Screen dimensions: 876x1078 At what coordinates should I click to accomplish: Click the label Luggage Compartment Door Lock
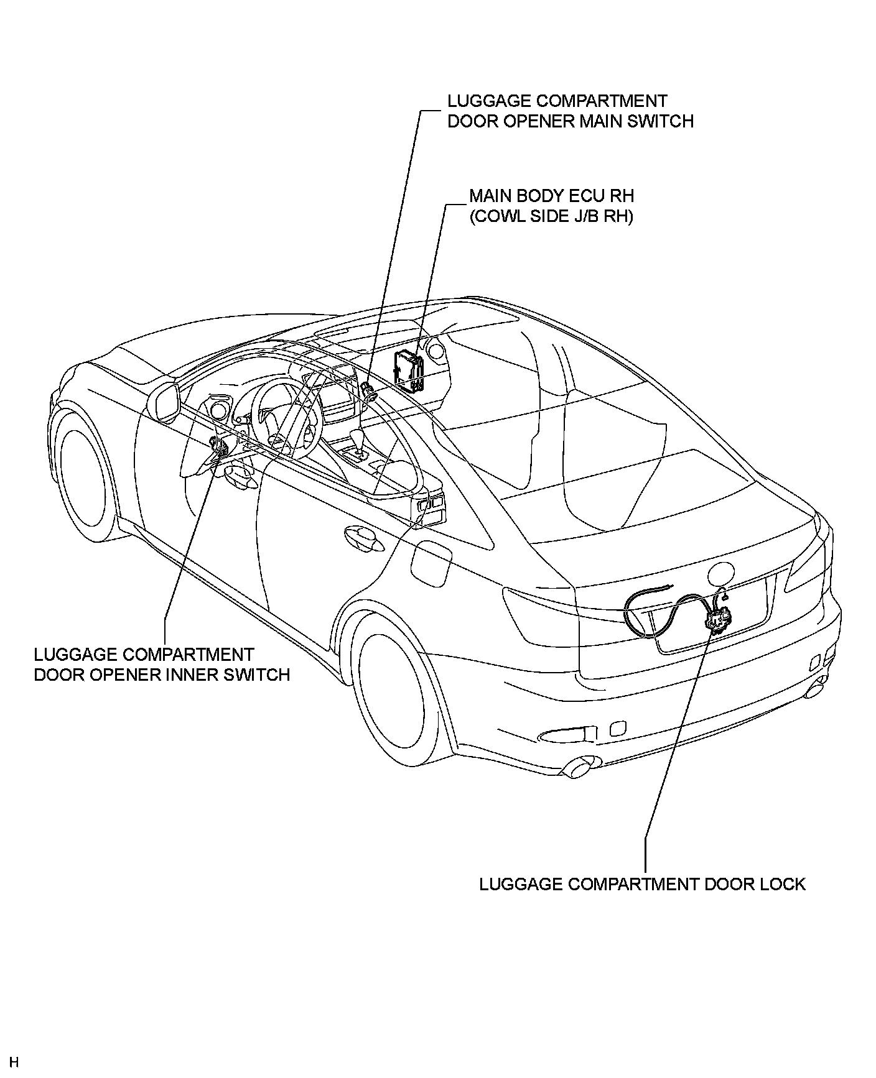tap(642, 883)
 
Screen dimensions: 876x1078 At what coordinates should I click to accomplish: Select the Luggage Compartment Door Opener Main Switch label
tap(571, 111)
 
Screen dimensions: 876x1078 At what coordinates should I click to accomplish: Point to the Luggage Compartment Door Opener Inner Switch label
tap(162, 664)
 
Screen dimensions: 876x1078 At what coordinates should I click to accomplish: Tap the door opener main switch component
tap(368, 390)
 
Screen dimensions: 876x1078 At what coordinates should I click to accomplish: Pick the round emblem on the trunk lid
tap(722, 573)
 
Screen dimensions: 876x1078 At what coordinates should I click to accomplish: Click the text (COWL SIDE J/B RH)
tap(551, 216)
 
